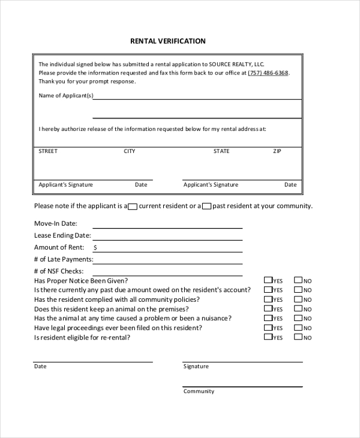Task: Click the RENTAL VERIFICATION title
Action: (x=168, y=41)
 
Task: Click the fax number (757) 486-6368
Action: (x=268, y=73)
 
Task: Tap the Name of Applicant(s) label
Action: (x=65, y=95)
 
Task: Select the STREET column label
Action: (x=48, y=151)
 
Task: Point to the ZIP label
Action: (x=277, y=151)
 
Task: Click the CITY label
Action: (x=130, y=151)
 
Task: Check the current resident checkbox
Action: (x=133, y=206)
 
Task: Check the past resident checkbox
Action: (x=206, y=206)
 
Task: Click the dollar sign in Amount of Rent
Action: (x=95, y=247)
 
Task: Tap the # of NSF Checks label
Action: (x=59, y=271)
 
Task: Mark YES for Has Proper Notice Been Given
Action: (x=268, y=280)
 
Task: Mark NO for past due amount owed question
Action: (x=298, y=290)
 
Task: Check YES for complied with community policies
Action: (x=268, y=299)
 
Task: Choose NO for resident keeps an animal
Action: (x=298, y=309)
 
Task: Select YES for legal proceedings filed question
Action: (x=268, y=328)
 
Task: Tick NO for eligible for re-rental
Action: (x=298, y=338)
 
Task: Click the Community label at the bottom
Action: (x=199, y=391)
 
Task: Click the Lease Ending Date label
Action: (x=62, y=235)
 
